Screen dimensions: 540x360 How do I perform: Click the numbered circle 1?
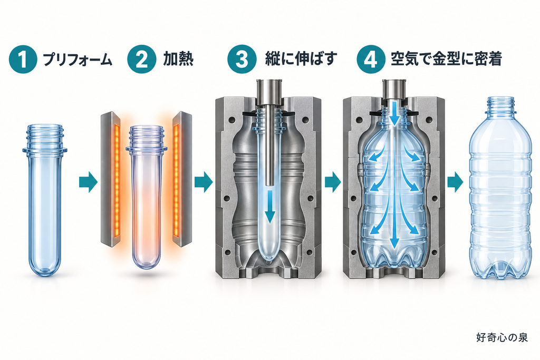point(23,59)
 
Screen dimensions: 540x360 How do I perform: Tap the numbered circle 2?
point(141,59)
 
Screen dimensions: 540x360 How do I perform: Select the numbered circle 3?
point(242,59)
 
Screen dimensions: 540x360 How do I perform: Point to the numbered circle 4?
point(371,59)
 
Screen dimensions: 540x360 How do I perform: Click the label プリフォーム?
point(78,60)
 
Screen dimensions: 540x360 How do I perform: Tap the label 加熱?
point(178,59)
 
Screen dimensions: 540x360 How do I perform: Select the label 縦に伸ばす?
point(301,59)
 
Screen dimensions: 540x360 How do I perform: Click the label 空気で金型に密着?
point(446,59)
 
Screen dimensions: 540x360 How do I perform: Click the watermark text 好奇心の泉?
point(502,337)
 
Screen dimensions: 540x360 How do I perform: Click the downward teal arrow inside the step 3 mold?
point(270,208)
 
